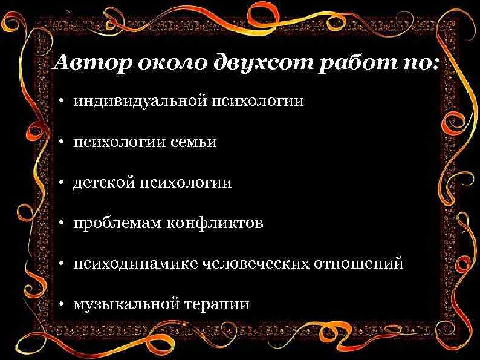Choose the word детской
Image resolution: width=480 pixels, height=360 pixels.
pyautogui.click(x=104, y=182)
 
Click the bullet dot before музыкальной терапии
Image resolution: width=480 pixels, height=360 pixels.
pyautogui.click(x=63, y=304)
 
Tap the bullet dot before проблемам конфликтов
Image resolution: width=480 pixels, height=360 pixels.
pyautogui.click(x=63, y=224)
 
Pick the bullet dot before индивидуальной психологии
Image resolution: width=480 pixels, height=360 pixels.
pyautogui.click(x=63, y=101)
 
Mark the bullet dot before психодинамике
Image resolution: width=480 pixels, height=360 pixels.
pyautogui.click(x=63, y=264)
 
